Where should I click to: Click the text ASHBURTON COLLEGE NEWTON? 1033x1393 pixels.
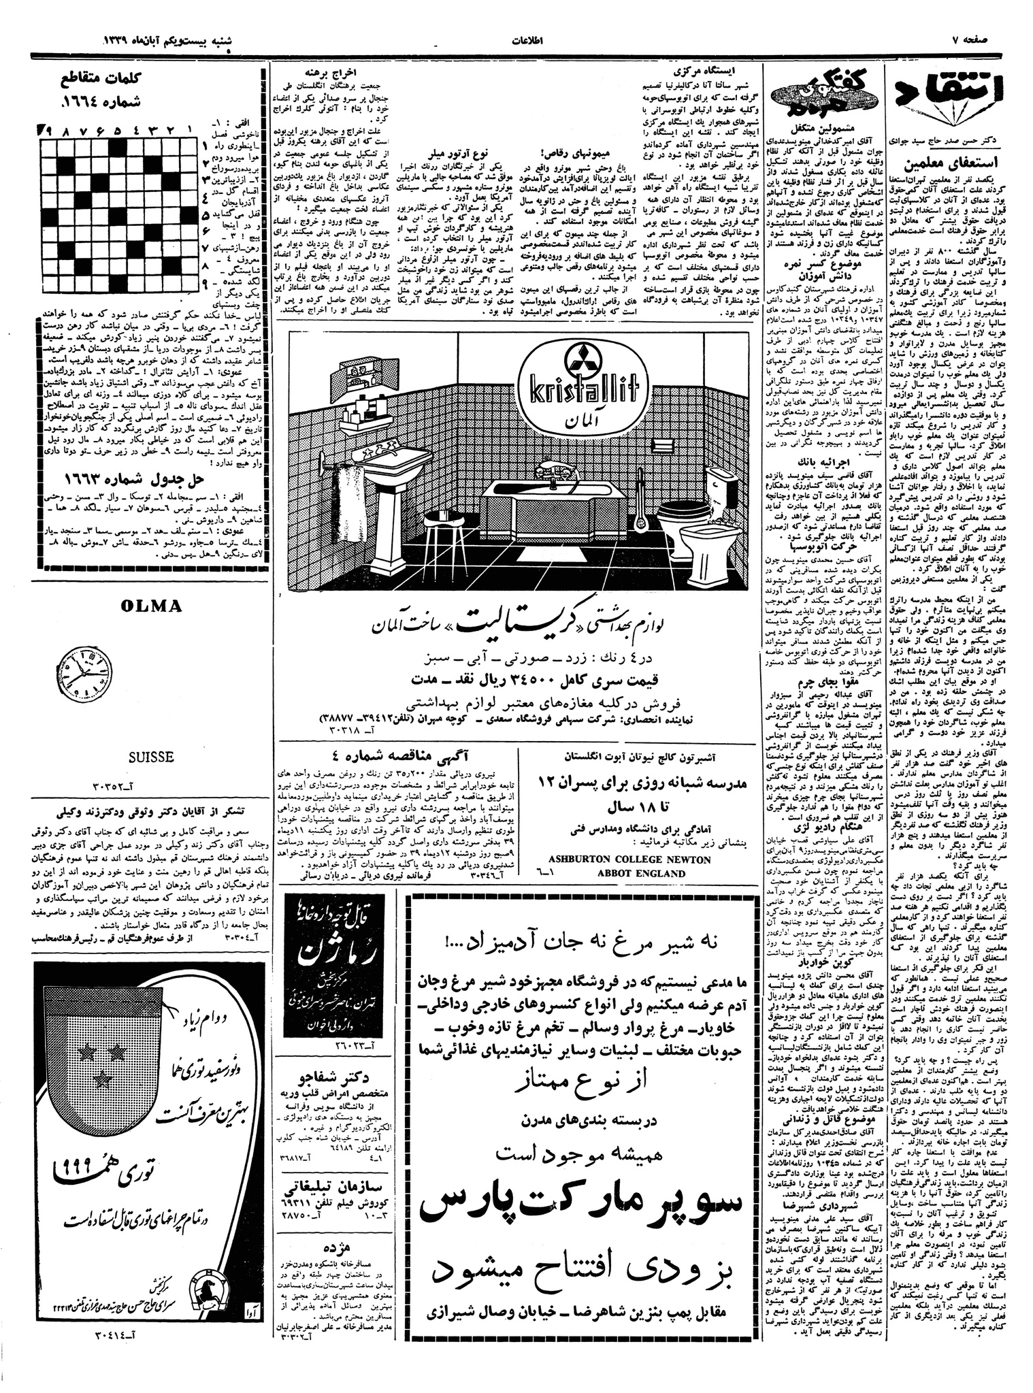(629, 859)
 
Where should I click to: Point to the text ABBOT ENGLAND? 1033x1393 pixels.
(640, 873)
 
